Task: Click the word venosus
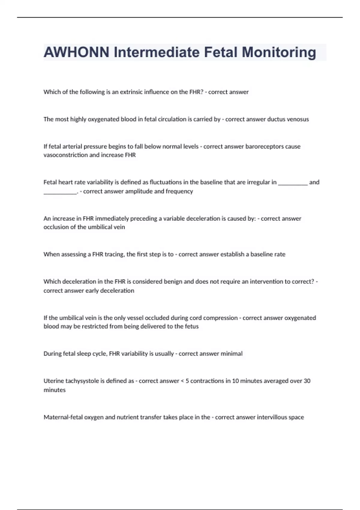(x=298, y=119)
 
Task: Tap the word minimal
(x=232, y=354)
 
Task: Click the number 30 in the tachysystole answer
(x=307, y=381)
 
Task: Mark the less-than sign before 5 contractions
(x=182, y=381)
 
